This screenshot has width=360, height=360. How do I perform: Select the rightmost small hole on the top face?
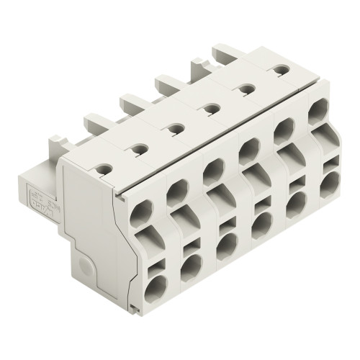279,70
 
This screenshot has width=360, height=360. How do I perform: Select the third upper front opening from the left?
210,173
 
